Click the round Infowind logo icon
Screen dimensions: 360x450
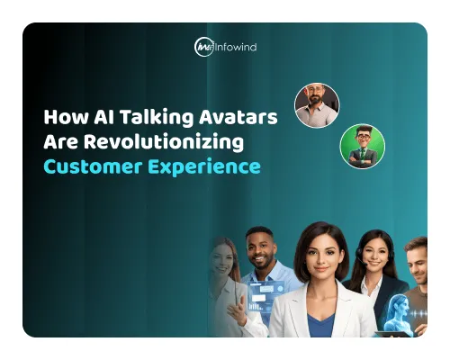click(204, 47)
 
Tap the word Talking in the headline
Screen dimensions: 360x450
click(137, 118)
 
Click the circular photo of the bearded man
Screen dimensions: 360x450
click(317, 105)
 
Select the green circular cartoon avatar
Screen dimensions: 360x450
click(362, 146)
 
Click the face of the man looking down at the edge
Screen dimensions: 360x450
click(418, 262)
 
